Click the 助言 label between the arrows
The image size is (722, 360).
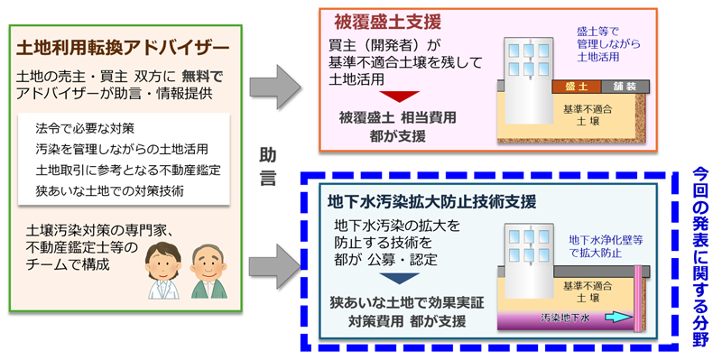[268, 165]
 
